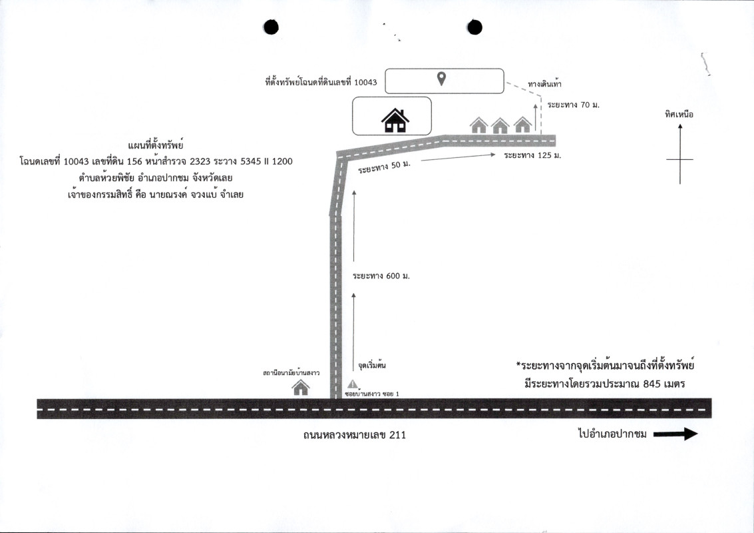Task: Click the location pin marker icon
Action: [441, 79]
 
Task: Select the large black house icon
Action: [395, 121]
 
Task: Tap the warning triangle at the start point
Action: [353, 384]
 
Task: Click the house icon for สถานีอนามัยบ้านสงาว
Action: [301, 387]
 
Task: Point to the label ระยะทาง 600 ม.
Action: [381, 276]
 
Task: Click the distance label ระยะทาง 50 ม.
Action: [384, 167]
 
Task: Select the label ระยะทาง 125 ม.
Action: [532, 155]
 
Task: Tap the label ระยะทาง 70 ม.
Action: [573, 105]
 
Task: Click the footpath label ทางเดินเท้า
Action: [544, 84]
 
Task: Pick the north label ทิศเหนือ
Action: [679, 114]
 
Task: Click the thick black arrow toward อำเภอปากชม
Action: [675, 434]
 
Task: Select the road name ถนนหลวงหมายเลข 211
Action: [355, 435]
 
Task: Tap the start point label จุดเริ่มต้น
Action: [372, 365]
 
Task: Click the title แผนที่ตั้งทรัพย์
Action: [156, 145]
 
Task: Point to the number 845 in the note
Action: [652, 384]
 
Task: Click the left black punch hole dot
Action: [272, 27]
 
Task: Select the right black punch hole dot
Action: [474, 27]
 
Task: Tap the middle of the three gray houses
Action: [500, 125]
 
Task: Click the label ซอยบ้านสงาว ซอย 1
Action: [372, 394]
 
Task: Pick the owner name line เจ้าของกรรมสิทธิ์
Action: [156, 195]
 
